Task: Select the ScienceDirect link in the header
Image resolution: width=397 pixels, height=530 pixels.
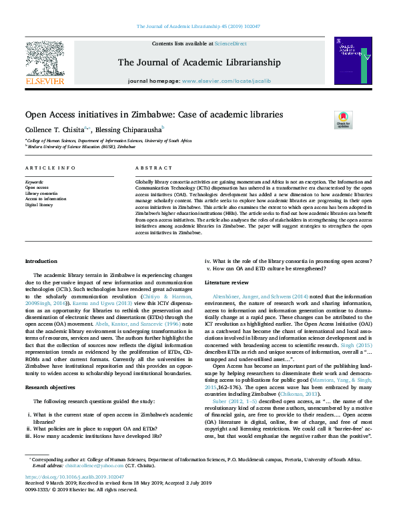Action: pyautogui.click(x=231, y=43)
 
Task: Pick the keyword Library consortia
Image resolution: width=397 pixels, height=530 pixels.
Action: pyautogui.click(x=41, y=193)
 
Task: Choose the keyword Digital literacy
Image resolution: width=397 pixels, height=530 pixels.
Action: pyautogui.click(x=40, y=204)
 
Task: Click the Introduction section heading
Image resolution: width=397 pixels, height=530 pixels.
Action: pyautogui.click(x=41, y=260)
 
